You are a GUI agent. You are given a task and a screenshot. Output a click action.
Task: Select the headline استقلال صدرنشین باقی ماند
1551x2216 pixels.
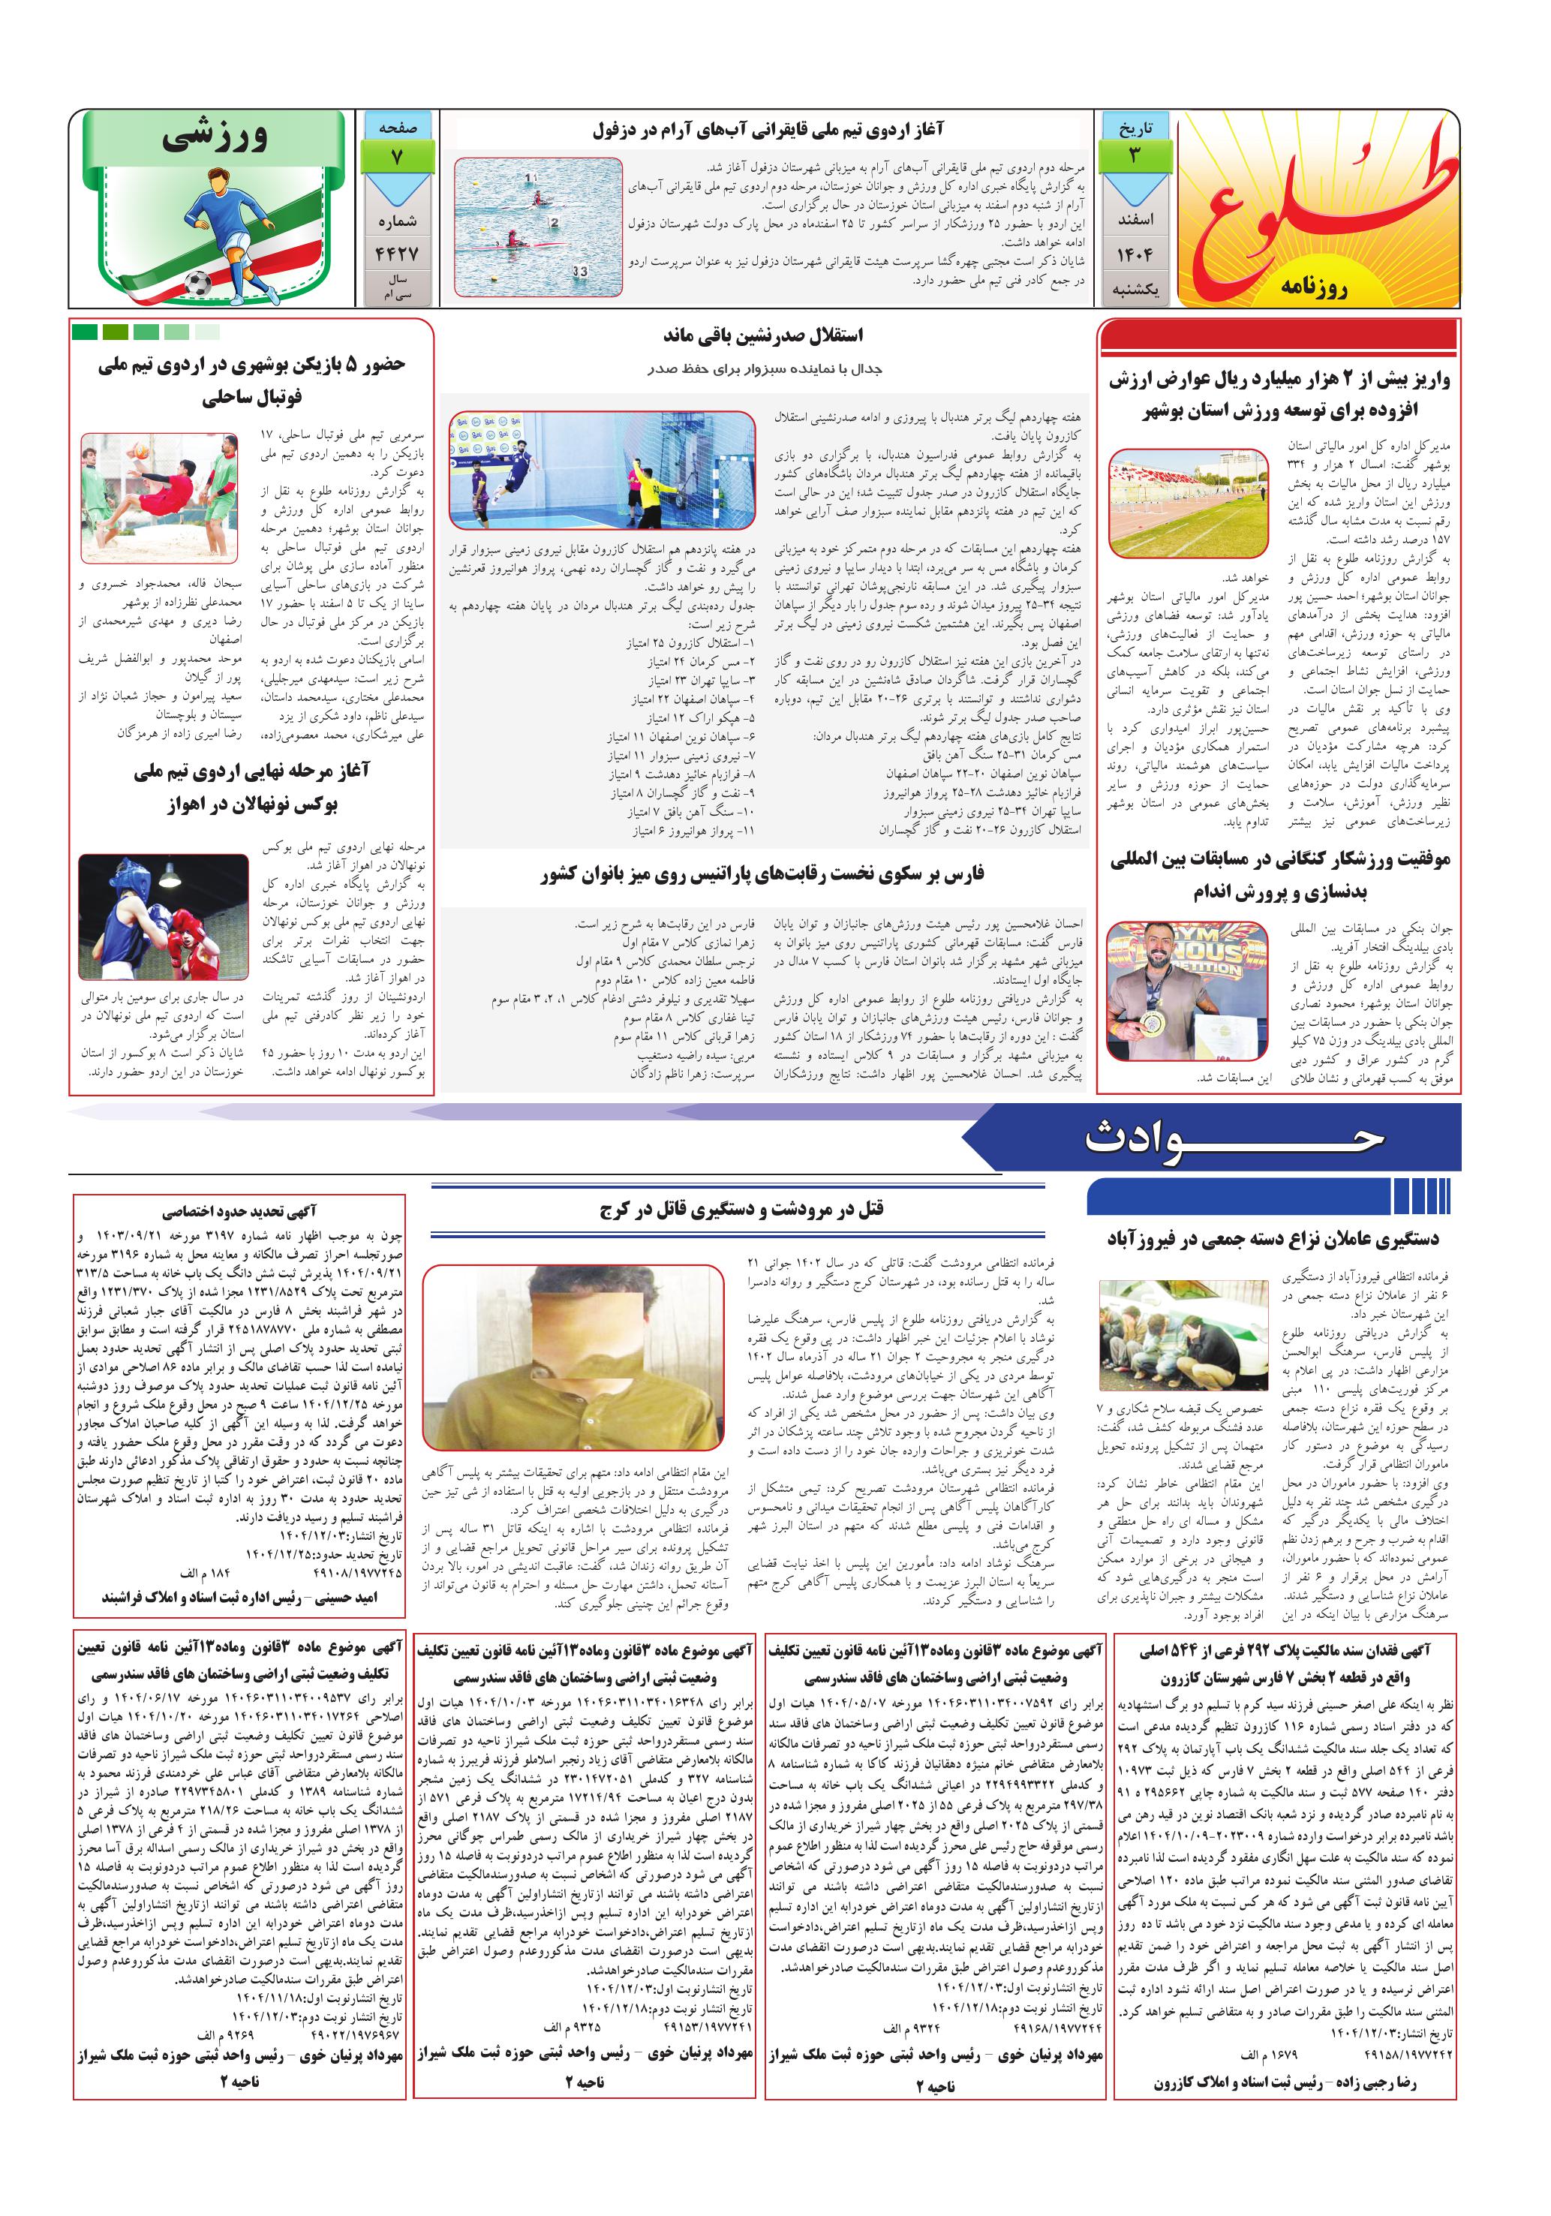pyautogui.click(x=762, y=335)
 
